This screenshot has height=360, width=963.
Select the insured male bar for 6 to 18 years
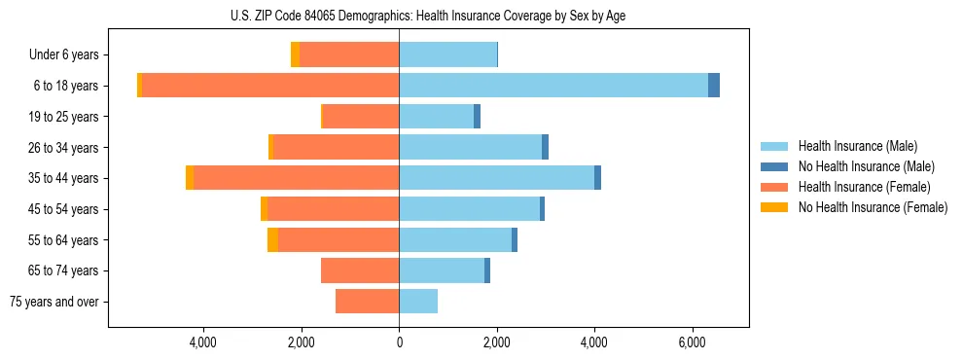pyautogui.click(x=553, y=86)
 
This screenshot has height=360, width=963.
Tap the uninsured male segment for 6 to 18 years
pyautogui.click(x=714, y=86)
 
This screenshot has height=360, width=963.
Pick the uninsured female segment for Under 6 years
pyautogui.click(x=295, y=54)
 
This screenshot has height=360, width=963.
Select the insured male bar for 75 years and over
pyautogui.click(x=418, y=302)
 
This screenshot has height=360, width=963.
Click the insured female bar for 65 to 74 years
pyautogui.click(x=360, y=270)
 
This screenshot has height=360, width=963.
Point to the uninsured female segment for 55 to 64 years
pyautogui.click(x=272, y=240)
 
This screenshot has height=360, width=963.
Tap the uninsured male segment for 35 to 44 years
pyautogui.click(x=597, y=178)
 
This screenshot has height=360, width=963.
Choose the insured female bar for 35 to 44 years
pyautogui.click(x=297, y=178)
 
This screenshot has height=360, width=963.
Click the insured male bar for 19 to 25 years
pyautogui.click(x=436, y=117)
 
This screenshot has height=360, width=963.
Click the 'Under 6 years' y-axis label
pyautogui.click(x=69, y=55)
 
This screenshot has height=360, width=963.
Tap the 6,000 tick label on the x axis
pyautogui.click(x=692, y=342)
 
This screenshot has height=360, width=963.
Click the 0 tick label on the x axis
pyautogui.click(x=399, y=342)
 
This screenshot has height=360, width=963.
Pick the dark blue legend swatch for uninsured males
pyautogui.click(x=774, y=166)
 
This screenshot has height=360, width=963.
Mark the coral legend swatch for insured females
pyautogui.click(x=774, y=187)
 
